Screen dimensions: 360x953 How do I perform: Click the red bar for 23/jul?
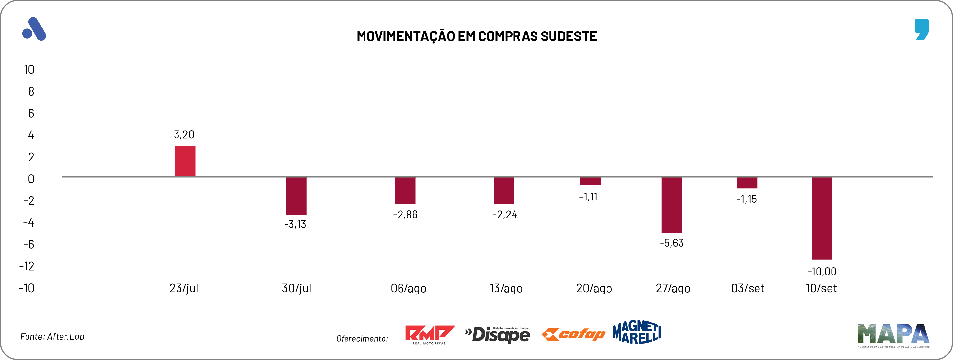click(x=185, y=161)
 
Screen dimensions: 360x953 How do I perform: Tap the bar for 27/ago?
click(x=671, y=205)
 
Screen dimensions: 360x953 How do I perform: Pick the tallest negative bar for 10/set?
click(x=822, y=218)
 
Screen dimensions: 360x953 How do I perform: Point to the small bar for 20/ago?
click(x=590, y=181)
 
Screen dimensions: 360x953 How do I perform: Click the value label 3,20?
click(x=184, y=135)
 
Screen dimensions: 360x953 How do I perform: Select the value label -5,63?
click(x=671, y=243)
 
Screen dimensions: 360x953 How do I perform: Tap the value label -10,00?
click(x=822, y=272)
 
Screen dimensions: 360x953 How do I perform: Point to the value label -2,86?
click(x=405, y=215)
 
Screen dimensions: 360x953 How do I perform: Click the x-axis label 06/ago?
click(x=408, y=288)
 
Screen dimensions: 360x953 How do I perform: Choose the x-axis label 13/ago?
click(x=506, y=288)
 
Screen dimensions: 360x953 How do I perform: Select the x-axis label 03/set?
click(x=747, y=288)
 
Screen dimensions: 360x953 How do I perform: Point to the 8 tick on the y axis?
click(x=31, y=91)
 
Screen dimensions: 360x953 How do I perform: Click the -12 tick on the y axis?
click(x=27, y=266)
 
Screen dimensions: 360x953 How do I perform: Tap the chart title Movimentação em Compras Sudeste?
click(x=476, y=36)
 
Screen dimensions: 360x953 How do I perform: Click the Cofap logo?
click(x=573, y=334)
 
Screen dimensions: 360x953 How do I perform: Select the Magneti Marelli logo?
click(x=636, y=332)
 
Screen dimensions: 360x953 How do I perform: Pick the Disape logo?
click(x=497, y=334)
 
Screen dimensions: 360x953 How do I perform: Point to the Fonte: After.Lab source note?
click(x=52, y=337)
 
